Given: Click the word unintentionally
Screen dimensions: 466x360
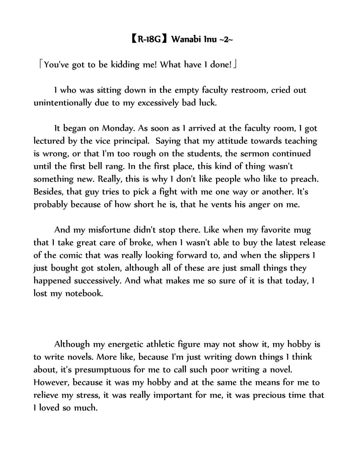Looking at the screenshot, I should coord(62,103).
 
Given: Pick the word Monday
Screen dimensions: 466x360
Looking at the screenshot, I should coord(118,128).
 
